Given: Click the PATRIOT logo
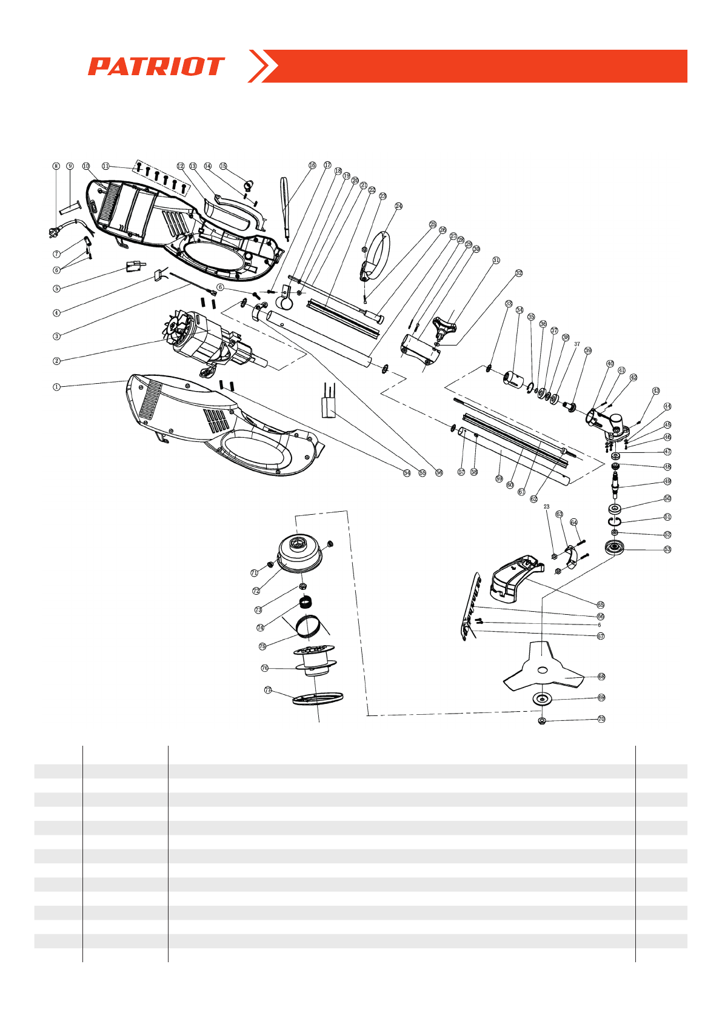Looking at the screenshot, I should (156, 66).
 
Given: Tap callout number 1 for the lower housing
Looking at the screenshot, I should (56, 386).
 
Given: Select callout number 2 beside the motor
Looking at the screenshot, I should (56, 361).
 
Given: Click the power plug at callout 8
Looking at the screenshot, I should (55, 232).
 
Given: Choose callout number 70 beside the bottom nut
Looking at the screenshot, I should (601, 719).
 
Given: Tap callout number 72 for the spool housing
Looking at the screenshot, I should (256, 591).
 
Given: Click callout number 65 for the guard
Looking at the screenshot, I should (600, 604).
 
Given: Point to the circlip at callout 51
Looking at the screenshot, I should (614, 521).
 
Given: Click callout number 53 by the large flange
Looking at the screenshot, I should (667, 549).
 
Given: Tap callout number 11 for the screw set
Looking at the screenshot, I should (105, 166).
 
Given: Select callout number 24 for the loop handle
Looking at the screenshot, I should (398, 206).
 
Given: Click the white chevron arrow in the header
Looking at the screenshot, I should (263, 66).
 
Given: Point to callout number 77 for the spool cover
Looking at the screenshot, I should (267, 690).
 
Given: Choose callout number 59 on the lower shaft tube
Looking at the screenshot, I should (499, 478).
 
